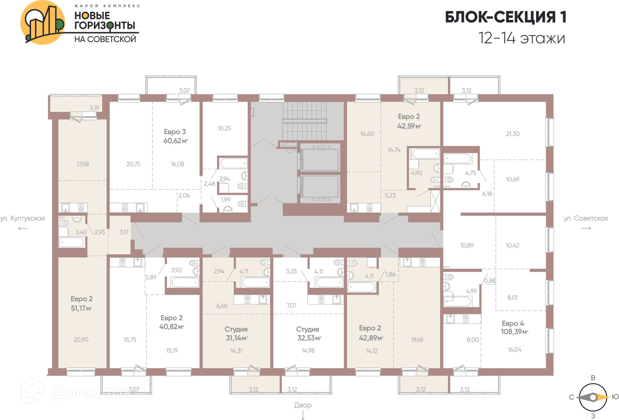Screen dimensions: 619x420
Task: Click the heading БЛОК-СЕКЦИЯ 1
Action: click(x=506, y=17)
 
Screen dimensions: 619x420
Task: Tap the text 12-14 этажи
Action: click(x=522, y=38)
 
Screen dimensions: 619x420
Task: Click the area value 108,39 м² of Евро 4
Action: click(x=515, y=332)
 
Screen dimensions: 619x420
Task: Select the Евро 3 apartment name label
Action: click(x=175, y=132)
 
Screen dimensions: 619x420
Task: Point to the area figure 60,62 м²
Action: click(x=176, y=141)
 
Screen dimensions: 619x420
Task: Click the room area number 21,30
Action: click(x=513, y=134)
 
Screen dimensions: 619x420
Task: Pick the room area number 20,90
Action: click(x=81, y=339)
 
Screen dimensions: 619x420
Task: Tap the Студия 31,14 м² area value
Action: click(x=237, y=338)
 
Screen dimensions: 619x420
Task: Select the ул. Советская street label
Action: click(x=585, y=218)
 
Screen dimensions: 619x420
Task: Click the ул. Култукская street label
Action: click(x=22, y=218)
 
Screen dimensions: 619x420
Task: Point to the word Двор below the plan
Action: click(x=303, y=405)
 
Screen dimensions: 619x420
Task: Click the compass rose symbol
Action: click(x=593, y=397)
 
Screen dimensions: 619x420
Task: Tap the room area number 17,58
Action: click(x=83, y=164)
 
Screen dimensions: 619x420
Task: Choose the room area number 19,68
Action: click(x=417, y=339)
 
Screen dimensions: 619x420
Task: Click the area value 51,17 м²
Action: click(x=82, y=308)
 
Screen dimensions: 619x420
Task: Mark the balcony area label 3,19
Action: click(x=94, y=108)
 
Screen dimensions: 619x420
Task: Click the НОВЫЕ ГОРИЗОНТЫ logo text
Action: click(x=104, y=21)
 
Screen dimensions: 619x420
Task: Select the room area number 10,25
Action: click(x=224, y=128)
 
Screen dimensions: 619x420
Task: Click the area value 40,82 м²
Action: click(x=172, y=327)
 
